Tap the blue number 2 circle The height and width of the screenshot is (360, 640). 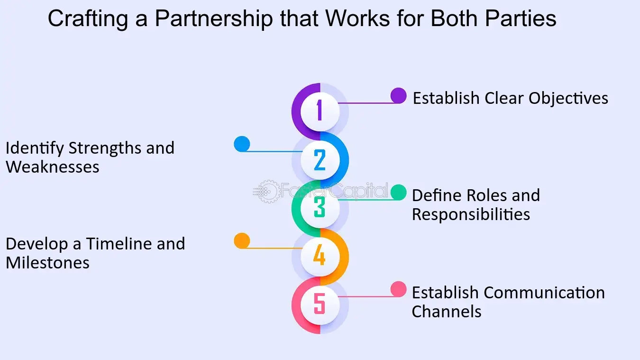coord(320,160)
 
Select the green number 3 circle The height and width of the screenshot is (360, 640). coord(320,208)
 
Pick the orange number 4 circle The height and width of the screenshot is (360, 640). coord(320,256)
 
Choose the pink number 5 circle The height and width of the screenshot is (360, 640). coord(320,304)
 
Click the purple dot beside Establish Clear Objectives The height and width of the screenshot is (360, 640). coord(398,96)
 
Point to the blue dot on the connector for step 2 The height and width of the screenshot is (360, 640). coord(242,144)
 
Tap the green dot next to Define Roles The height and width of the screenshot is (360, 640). coord(398,192)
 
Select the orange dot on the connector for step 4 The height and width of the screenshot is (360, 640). coord(242,240)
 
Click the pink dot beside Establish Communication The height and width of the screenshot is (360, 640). coord(398,289)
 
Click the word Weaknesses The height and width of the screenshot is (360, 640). coord(53,167)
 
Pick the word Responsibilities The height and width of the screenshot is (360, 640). coord(471,214)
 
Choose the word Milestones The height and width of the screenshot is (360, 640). coord(47,263)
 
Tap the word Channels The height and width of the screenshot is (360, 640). coord(447,312)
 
